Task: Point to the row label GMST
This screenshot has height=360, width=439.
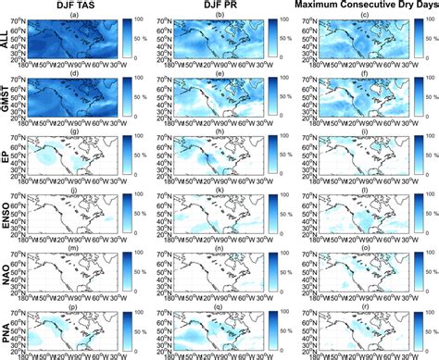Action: (x=6, y=96)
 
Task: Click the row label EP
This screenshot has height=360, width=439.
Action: (x=6, y=155)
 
